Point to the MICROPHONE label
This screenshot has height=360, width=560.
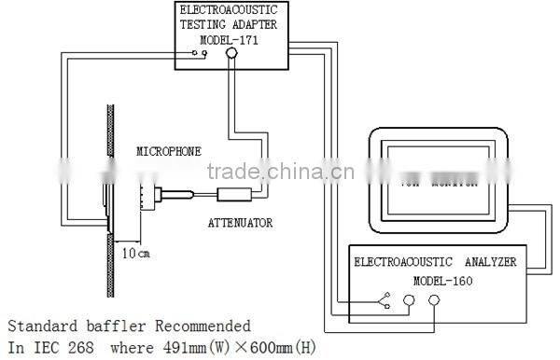pos(169,150)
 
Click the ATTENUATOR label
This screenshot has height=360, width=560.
pos(240,223)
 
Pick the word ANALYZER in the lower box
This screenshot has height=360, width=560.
pos(481,262)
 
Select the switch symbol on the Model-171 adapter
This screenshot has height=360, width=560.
pos(196,54)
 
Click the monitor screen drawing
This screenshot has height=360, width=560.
pos(439,177)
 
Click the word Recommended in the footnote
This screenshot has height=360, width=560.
pos(204,326)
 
